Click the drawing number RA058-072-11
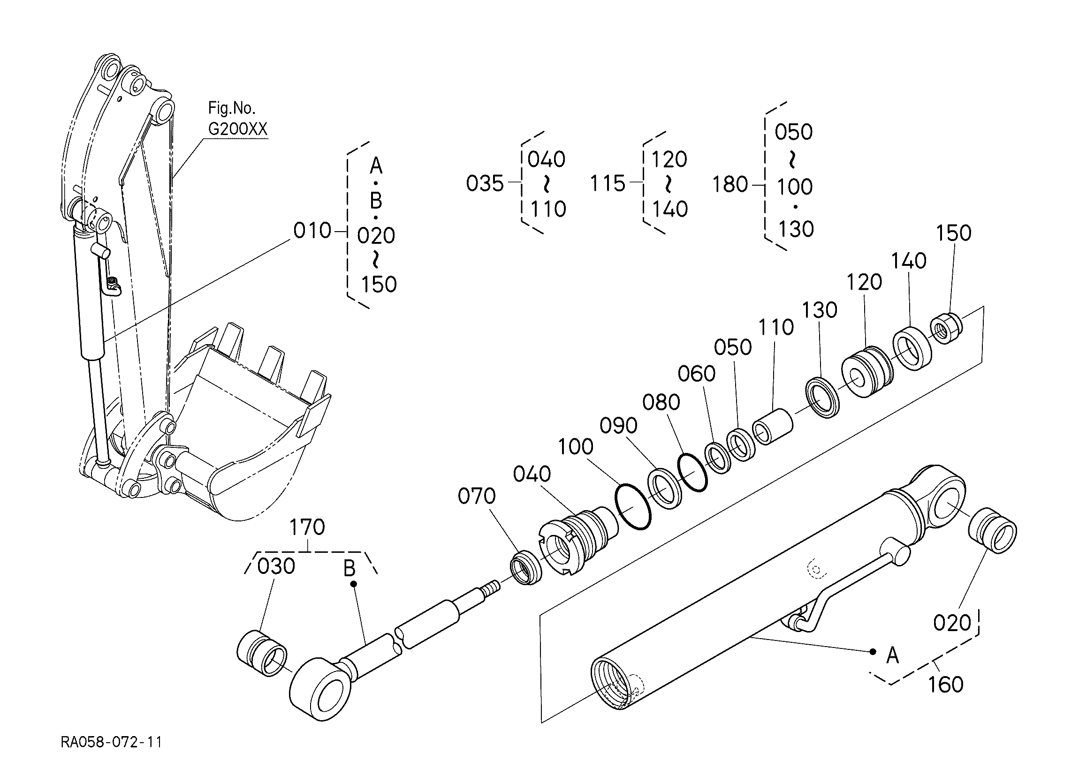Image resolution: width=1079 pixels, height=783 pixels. (x=111, y=742)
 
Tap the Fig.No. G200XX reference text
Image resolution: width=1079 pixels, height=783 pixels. (x=238, y=119)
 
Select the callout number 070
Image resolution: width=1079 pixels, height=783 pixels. (x=477, y=497)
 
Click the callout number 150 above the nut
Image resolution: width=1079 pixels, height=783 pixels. (x=954, y=233)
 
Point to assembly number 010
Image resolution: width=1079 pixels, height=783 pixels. (x=312, y=231)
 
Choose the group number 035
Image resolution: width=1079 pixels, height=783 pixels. (x=485, y=183)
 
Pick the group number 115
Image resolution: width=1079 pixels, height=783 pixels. (x=608, y=183)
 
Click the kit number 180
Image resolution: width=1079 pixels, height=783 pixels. (x=730, y=185)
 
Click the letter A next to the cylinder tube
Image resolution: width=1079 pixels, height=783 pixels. (x=893, y=656)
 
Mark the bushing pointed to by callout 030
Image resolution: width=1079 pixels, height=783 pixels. (x=262, y=653)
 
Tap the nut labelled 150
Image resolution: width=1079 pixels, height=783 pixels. (x=946, y=329)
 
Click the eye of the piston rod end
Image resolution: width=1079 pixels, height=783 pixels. (x=322, y=688)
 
